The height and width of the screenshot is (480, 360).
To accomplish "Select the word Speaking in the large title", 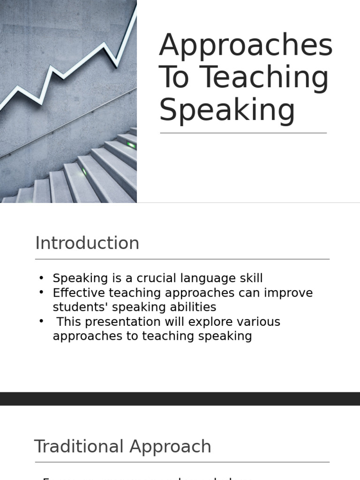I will [x=227, y=110].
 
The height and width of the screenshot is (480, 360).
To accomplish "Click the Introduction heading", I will [x=87, y=243].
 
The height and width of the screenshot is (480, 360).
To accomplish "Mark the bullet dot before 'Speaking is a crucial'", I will [x=41, y=278].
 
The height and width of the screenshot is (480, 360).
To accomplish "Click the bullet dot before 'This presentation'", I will [x=41, y=321].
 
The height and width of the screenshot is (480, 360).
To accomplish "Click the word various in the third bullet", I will [x=259, y=322].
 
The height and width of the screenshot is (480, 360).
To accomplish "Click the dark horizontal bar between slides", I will [x=180, y=398].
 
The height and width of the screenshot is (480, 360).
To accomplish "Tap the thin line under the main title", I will [x=243, y=133].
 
